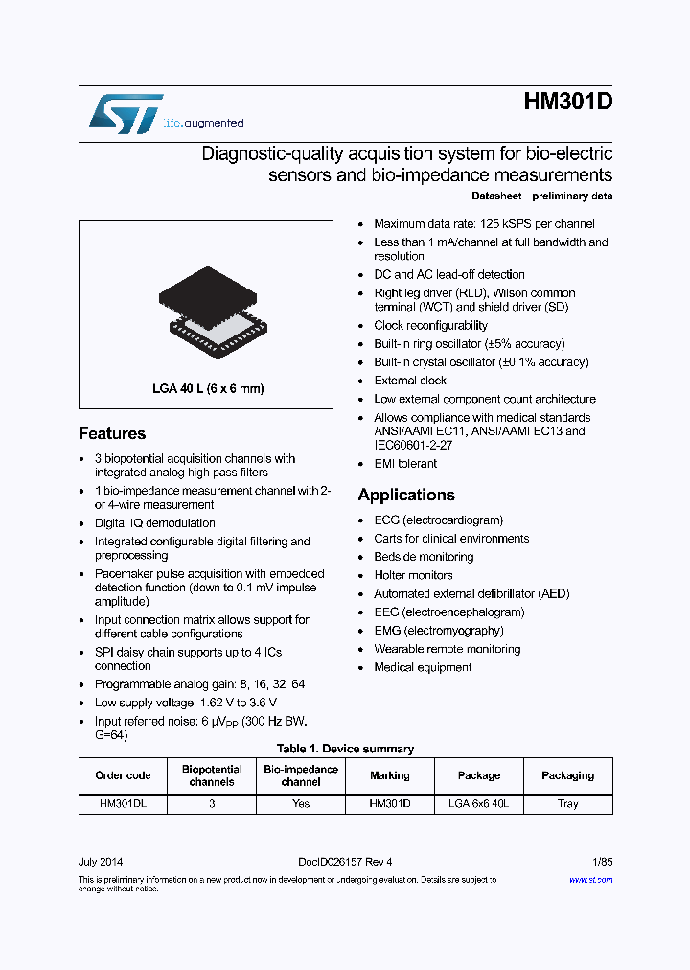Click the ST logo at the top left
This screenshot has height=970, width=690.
[126, 113]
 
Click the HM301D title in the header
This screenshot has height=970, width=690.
[567, 104]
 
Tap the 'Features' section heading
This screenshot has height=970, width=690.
[112, 433]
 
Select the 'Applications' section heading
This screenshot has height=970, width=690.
[406, 495]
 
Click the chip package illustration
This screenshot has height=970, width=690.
[206, 310]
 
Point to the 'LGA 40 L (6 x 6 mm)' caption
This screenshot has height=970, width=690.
[208, 389]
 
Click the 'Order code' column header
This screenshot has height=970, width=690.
[123, 775]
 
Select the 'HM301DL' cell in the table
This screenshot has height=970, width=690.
[123, 804]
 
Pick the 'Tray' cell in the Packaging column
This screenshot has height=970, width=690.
[567, 804]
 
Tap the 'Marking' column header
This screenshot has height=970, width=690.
[389, 775]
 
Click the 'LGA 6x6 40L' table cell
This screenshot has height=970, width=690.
[478, 804]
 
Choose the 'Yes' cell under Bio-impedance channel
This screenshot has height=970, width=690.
[301, 804]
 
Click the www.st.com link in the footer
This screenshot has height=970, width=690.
[590, 880]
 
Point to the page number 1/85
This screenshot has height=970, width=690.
[600, 861]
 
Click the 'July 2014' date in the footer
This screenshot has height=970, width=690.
[101, 861]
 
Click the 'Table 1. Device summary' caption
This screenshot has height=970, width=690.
[345, 749]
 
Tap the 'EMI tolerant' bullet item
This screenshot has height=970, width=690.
[405, 464]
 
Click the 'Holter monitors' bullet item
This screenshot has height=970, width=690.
[413, 575]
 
